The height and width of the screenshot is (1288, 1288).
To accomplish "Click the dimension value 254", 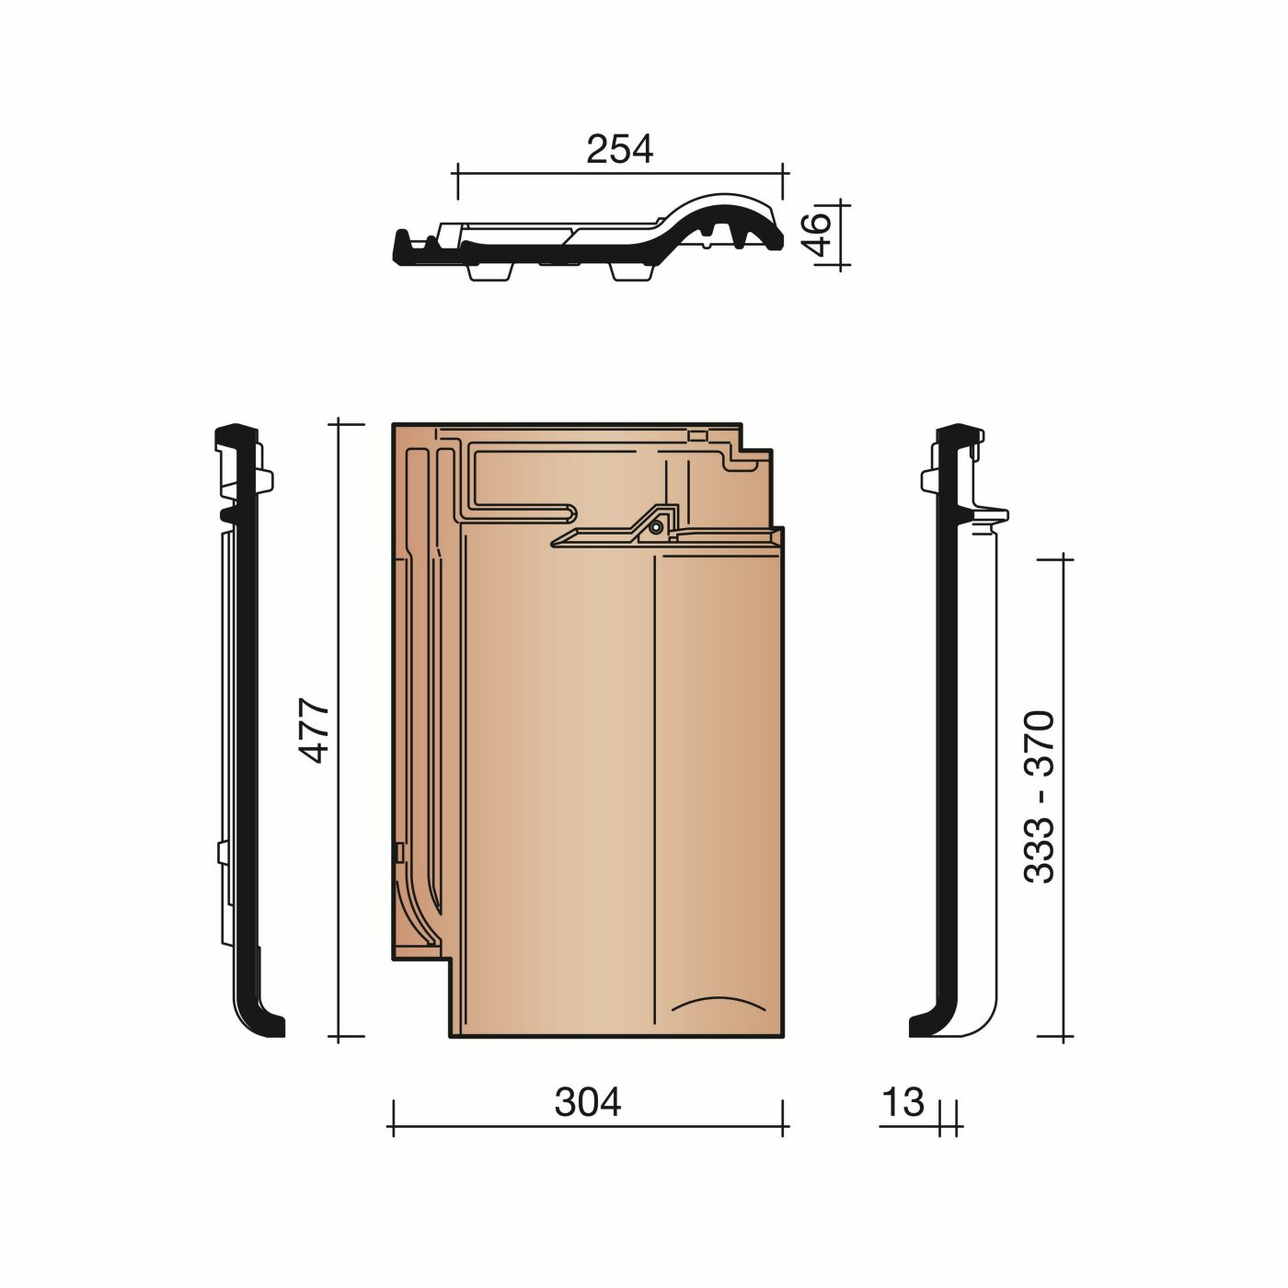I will pyautogui.click(x=619, y=149).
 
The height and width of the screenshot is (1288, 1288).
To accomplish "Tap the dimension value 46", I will pyautogui.click(x=816, y=234).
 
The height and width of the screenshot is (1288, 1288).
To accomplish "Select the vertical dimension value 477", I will pyautogui.click(x=316, y=730).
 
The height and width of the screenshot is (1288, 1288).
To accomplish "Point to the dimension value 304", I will pyautogui.click(x=587, y=1101).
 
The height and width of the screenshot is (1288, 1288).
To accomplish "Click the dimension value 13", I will pyautogui.click(x=902, y=1101).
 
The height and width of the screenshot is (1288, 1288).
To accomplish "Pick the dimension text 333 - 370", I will pyautogui.click(x=1040, y=797).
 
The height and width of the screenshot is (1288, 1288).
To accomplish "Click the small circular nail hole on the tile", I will pyautogui.click(x=654, y=528).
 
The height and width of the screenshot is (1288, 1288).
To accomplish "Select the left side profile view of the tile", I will pyautogui.click(x=245, y=730).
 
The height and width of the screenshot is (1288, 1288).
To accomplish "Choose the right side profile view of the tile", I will pyautogui.click(x=962, y=730).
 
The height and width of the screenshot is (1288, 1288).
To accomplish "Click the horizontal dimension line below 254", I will pyautogui.click(x=619, y=172).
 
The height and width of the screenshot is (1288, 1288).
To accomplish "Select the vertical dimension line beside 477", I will pyautogui.click(x=339, y=730).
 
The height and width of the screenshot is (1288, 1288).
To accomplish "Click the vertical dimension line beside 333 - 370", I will pyautogui.click(x=1064, y=797).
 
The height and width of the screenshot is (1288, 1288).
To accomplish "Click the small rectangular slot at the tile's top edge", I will pyautogui.click(x=698, y=435).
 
